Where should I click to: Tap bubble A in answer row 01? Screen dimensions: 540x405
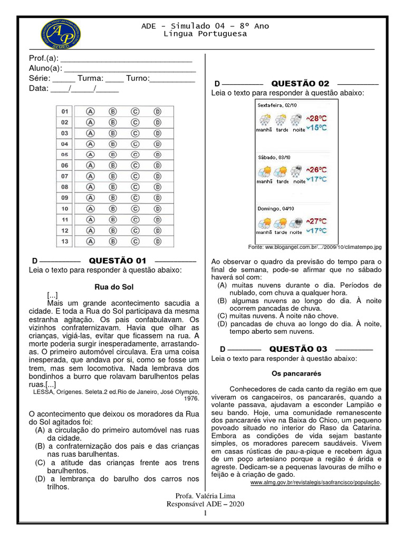[90, 112]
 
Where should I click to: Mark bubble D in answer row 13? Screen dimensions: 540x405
[157, 241]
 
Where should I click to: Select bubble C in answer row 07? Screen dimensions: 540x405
[135, 176]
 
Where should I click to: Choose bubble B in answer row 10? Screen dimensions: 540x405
[112, 209]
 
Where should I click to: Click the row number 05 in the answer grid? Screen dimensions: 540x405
[65, 155]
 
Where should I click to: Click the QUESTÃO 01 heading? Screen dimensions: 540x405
[117, 261]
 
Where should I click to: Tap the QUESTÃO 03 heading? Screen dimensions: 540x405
[298, 349]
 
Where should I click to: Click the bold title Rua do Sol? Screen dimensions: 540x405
[114, 287]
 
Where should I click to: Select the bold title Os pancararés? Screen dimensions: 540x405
[296, 373]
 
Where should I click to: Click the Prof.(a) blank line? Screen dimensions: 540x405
[127, 58]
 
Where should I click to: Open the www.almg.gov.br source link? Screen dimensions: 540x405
[314, 483]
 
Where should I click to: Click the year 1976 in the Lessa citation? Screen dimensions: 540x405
[191, 399]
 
